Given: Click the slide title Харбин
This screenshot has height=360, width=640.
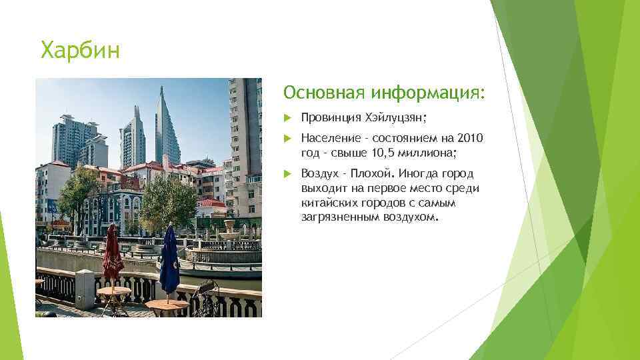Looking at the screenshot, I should pos(80,50).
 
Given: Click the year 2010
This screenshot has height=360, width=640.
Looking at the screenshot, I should pos(471,138).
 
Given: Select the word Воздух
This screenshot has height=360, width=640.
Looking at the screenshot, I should pos(320,173).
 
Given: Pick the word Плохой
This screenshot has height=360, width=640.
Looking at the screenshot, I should pos(373,173).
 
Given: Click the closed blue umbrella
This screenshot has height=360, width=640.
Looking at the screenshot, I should pos(169,260).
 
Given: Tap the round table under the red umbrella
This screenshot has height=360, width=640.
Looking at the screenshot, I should pos(113,291).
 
